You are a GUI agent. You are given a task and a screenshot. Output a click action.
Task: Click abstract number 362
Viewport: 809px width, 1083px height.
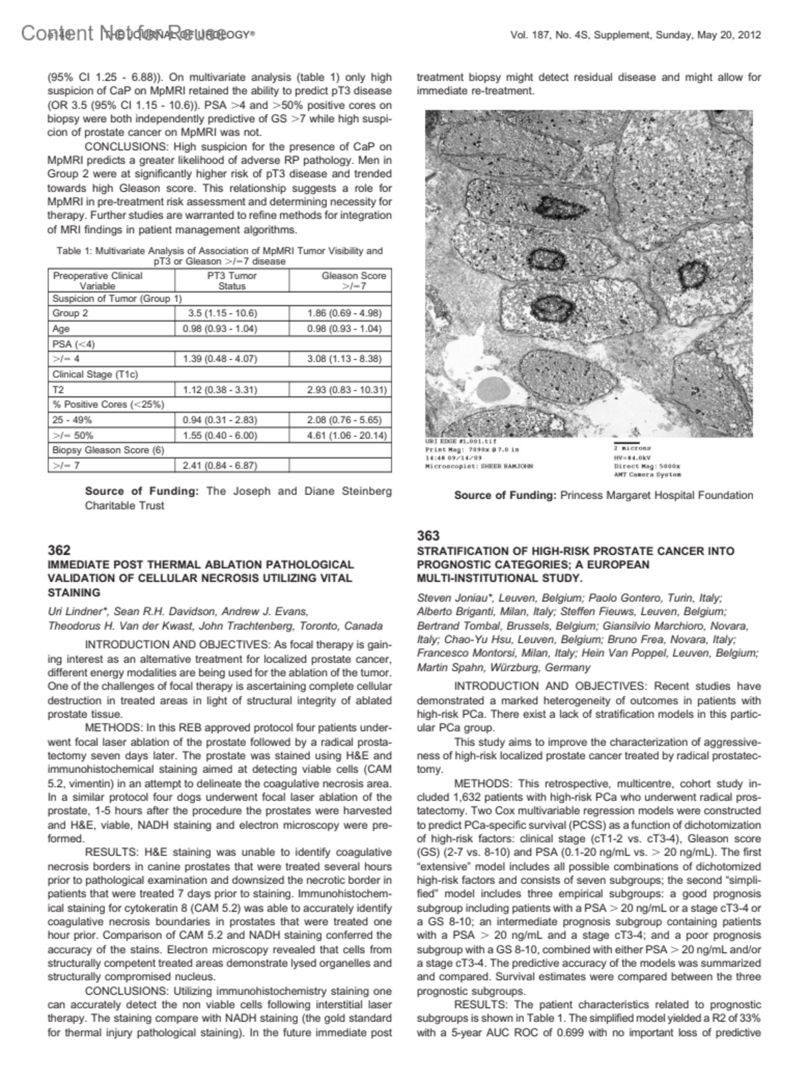(x=59, y=550)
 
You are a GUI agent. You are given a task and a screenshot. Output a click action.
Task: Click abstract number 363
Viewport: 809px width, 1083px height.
(x=428, y=536)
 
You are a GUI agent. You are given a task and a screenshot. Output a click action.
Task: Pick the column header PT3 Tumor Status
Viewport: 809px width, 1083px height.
(x=232, y=281)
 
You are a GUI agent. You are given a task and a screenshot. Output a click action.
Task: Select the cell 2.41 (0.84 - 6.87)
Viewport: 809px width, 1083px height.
(x=220, y=465)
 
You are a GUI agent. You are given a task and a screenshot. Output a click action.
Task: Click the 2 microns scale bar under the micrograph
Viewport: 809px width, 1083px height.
(x=627, y=443)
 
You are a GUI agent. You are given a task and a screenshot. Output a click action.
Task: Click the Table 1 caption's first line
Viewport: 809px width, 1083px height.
(x=220, y=251)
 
